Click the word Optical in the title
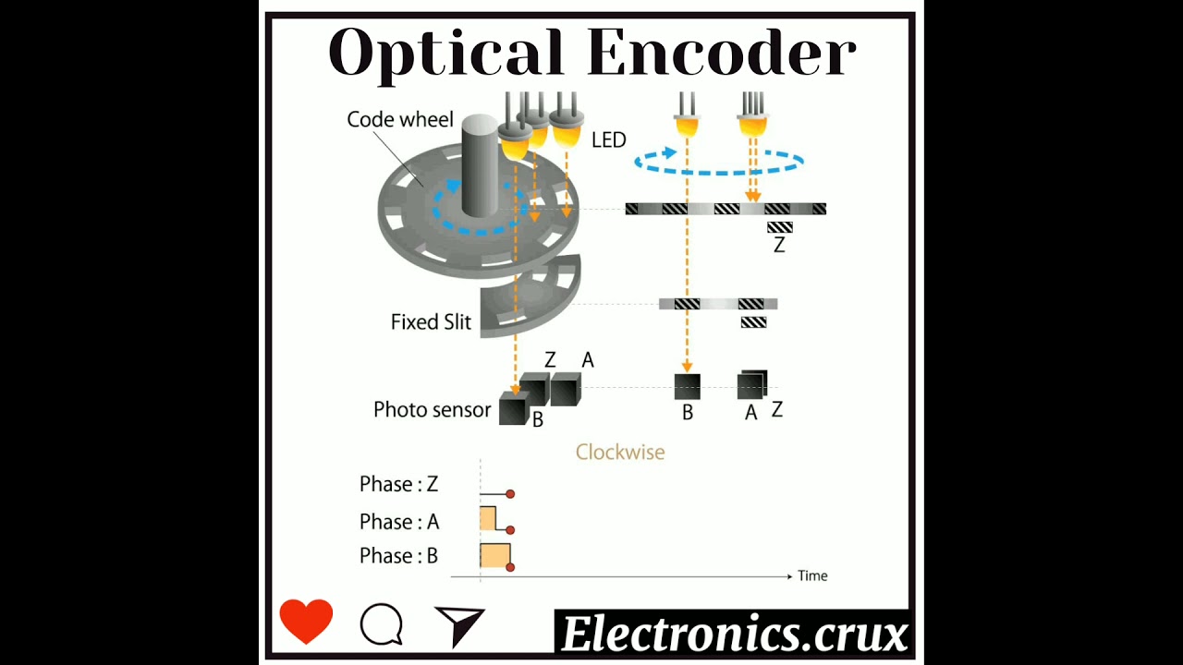[x=445, y=54]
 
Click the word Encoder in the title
[x=721, y=54]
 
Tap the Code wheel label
[x=400, y=119]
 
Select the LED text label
[x=609, y=140]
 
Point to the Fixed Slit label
[x=431, y=322]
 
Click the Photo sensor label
[x=432, y=409]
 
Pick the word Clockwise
[x=620, y=452]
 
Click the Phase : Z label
[x=398, y=484]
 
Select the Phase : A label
[x=399, y=522]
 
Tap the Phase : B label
[x=398, y=556]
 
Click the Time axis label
[x=812, y=575]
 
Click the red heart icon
[x=306, y=621]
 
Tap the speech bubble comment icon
[x=381, y=624]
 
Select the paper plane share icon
[x=459, y=625]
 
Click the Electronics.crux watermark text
[x=734, y=635]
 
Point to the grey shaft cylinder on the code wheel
[x=480, y=166]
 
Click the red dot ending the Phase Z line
[x=510, y=494]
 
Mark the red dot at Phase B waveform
[x=510, y=567]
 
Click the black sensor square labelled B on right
[x=687, y=386]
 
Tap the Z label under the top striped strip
[x=779, y=246]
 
